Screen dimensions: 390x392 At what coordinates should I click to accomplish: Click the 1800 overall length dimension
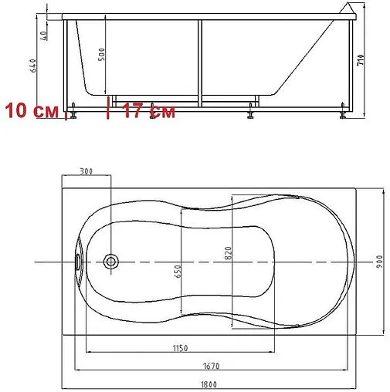point(209,384)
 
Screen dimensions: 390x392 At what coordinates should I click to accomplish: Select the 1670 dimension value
point(211,366)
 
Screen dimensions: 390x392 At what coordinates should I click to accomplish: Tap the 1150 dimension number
point(180,348)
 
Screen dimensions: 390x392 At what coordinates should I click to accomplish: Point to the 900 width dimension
point(379,262)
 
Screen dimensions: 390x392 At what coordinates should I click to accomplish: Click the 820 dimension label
point(228,253)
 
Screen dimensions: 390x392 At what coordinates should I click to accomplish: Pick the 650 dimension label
point(178,272)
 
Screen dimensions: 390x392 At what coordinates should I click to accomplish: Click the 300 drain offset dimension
point(86,171)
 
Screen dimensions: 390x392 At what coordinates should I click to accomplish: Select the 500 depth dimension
point(102,54)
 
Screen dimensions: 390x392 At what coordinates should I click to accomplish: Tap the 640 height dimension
point(33,66)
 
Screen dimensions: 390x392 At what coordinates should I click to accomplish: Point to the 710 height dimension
point(361,59)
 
